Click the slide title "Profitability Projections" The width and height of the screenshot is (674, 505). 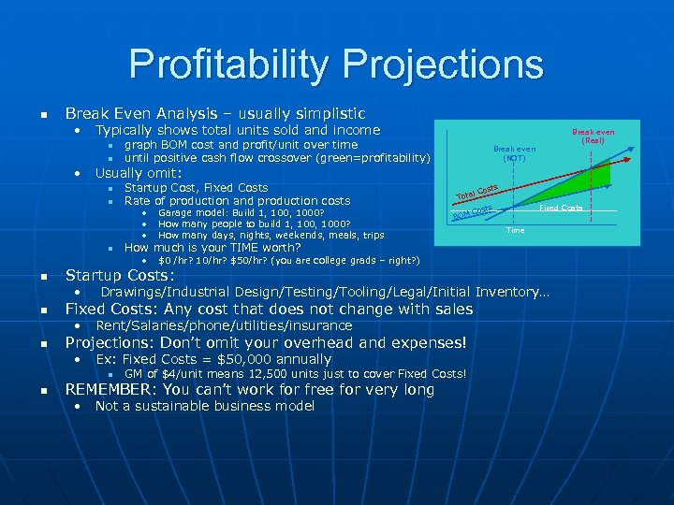[336, 65]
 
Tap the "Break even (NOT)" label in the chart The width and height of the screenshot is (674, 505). [515, 153]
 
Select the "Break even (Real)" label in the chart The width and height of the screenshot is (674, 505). [593, 137]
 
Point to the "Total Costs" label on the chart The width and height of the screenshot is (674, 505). [476, 192]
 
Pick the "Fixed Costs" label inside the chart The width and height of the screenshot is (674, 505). [561, 208]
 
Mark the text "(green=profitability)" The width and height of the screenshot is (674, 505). [374, 158]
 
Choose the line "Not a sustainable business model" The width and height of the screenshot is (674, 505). [204, 406]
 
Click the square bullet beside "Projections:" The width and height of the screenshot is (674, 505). [42, 344]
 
